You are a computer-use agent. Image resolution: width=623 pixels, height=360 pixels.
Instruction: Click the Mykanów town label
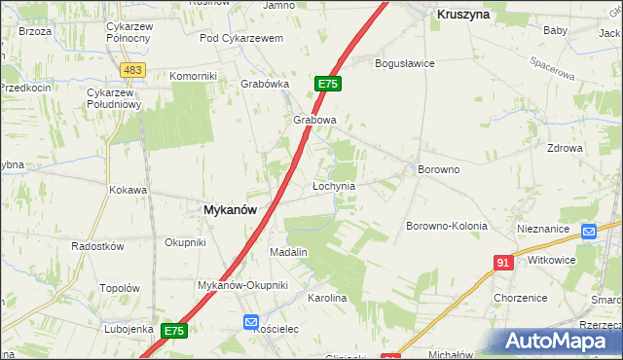230,209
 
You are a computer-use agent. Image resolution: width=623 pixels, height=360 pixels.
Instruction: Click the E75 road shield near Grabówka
327,85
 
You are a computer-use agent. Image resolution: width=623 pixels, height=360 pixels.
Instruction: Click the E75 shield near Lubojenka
173,331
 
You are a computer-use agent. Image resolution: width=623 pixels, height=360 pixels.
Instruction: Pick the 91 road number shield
503,263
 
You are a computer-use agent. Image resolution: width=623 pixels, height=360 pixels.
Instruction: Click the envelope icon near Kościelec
250,322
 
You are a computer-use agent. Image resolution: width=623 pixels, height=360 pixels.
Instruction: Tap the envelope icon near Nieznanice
588,232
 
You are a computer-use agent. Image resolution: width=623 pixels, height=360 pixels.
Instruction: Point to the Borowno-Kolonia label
446,226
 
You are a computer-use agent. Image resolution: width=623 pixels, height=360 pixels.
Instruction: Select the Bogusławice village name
405,63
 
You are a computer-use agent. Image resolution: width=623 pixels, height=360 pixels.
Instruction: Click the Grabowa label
314,121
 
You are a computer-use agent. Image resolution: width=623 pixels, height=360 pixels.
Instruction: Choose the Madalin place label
288,252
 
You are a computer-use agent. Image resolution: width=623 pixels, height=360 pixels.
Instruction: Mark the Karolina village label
327,298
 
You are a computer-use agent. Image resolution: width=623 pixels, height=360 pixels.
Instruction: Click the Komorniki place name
194,76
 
